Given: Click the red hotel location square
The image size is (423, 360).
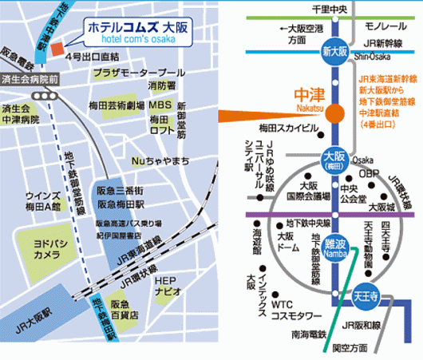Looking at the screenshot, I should coord(56,49).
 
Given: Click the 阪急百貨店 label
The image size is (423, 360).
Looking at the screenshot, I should coord(121,309).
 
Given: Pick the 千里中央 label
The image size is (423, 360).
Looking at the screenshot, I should coord(333,8).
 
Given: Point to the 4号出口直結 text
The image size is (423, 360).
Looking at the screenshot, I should coord(93,57).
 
